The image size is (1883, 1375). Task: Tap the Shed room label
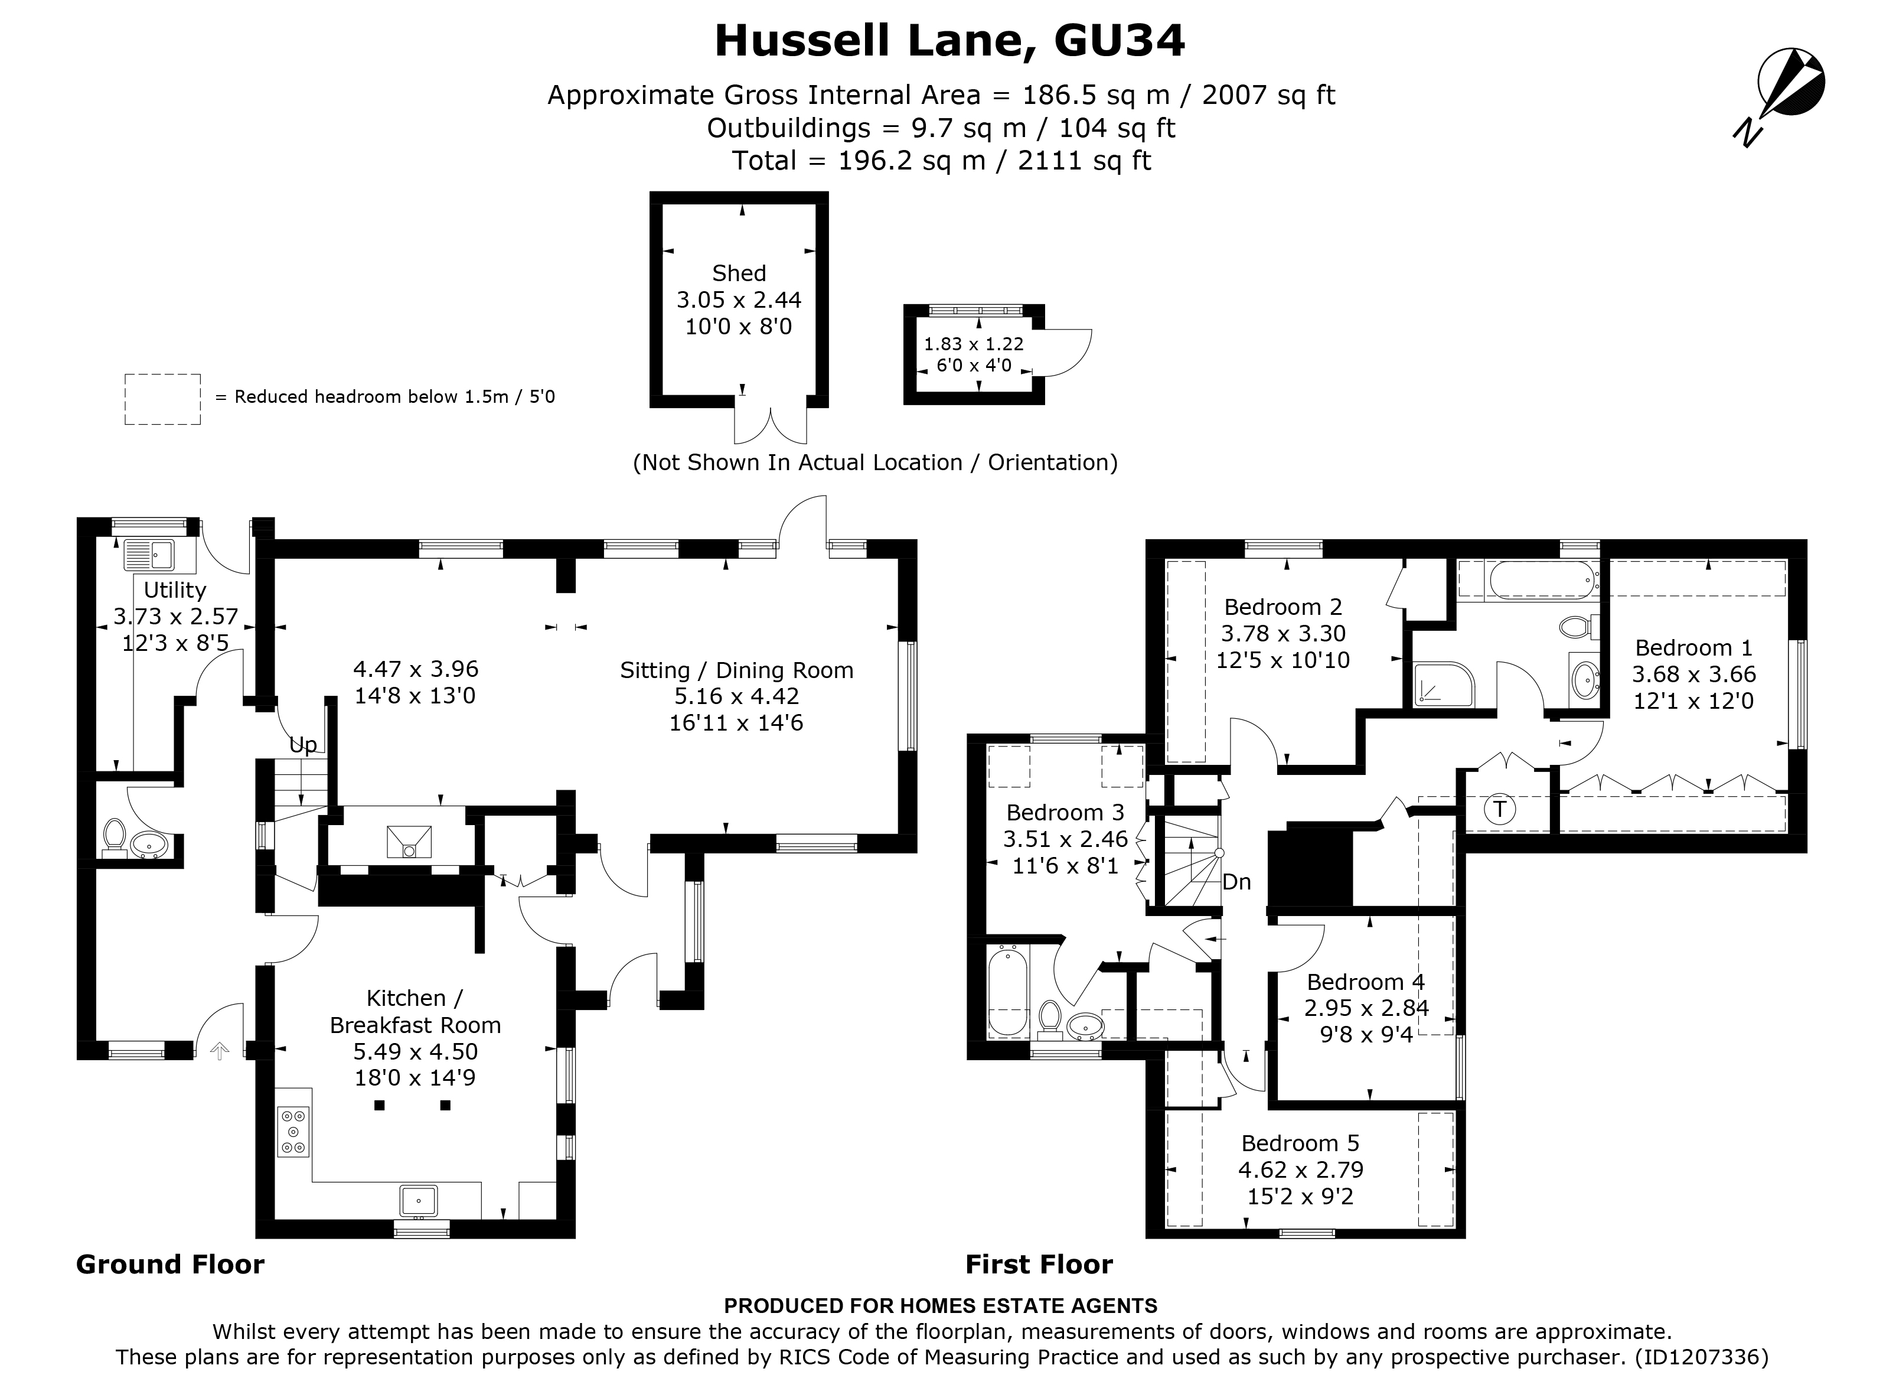739,273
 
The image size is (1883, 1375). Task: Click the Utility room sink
149,553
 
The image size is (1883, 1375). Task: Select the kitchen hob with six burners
293,1132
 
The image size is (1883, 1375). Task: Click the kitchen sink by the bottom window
419,1201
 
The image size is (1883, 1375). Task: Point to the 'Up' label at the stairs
303,745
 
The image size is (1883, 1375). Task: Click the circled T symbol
1499,809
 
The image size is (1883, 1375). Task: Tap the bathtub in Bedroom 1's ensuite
1541,579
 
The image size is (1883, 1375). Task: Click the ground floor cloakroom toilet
114,838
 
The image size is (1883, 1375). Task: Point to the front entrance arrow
220,1051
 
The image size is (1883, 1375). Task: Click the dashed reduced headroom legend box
162,399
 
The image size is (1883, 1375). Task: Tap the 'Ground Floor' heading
169,1265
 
